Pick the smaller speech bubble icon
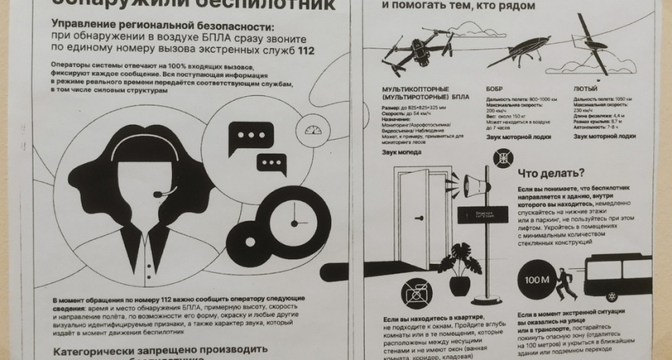click(272, 163)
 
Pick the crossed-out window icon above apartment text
click(416, 294)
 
